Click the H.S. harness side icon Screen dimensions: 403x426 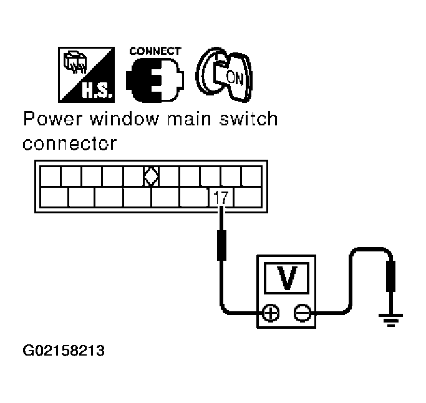89,75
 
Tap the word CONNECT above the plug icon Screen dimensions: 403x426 155,51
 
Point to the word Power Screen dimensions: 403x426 51,119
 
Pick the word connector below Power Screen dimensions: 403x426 69,143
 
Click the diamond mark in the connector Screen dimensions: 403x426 150,177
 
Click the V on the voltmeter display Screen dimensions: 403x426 286,278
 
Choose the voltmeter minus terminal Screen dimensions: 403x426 301,312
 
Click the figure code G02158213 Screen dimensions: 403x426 63,350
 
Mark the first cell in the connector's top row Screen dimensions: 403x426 51,177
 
